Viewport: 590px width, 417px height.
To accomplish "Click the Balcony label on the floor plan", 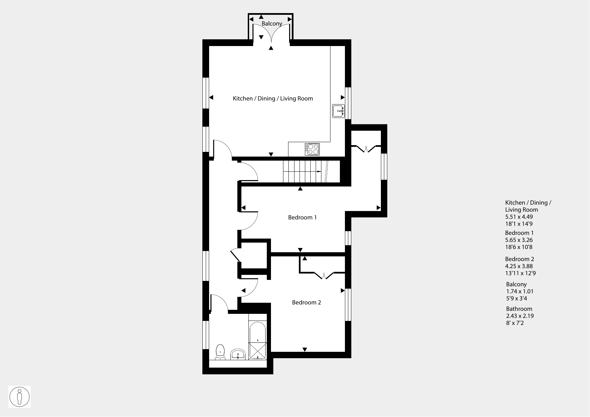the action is coord(272,24).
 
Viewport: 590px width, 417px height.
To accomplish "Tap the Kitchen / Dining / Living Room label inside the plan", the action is coord(273,98).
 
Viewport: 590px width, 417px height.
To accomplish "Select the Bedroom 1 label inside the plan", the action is coord(302,217).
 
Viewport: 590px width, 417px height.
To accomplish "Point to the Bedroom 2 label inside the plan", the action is coord(306,302).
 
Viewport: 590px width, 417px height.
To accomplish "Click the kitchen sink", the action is coord(338,111).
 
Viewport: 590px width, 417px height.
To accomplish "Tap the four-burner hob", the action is coord(312,149).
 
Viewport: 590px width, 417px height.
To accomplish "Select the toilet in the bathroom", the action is coord(220,352).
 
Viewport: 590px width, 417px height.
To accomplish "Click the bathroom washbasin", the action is coord(239,354).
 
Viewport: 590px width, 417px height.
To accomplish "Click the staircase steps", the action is coord(305,171).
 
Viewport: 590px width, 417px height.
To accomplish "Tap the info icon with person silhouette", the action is coord(19,397).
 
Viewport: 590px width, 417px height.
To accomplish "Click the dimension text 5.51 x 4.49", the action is coord(519,217).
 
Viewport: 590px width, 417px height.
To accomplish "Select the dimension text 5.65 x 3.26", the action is coord(519,240).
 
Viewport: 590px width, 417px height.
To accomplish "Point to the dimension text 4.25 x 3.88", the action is coord(519,266).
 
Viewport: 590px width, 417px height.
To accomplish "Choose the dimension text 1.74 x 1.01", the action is coord(520,291).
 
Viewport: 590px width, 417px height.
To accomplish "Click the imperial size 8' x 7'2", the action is coord(515,323).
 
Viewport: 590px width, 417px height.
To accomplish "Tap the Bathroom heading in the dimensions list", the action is coord(519,309).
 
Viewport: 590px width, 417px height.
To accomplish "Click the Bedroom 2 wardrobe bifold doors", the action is coord(324,276).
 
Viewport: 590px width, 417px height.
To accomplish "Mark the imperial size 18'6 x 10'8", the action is coord(519,247).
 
